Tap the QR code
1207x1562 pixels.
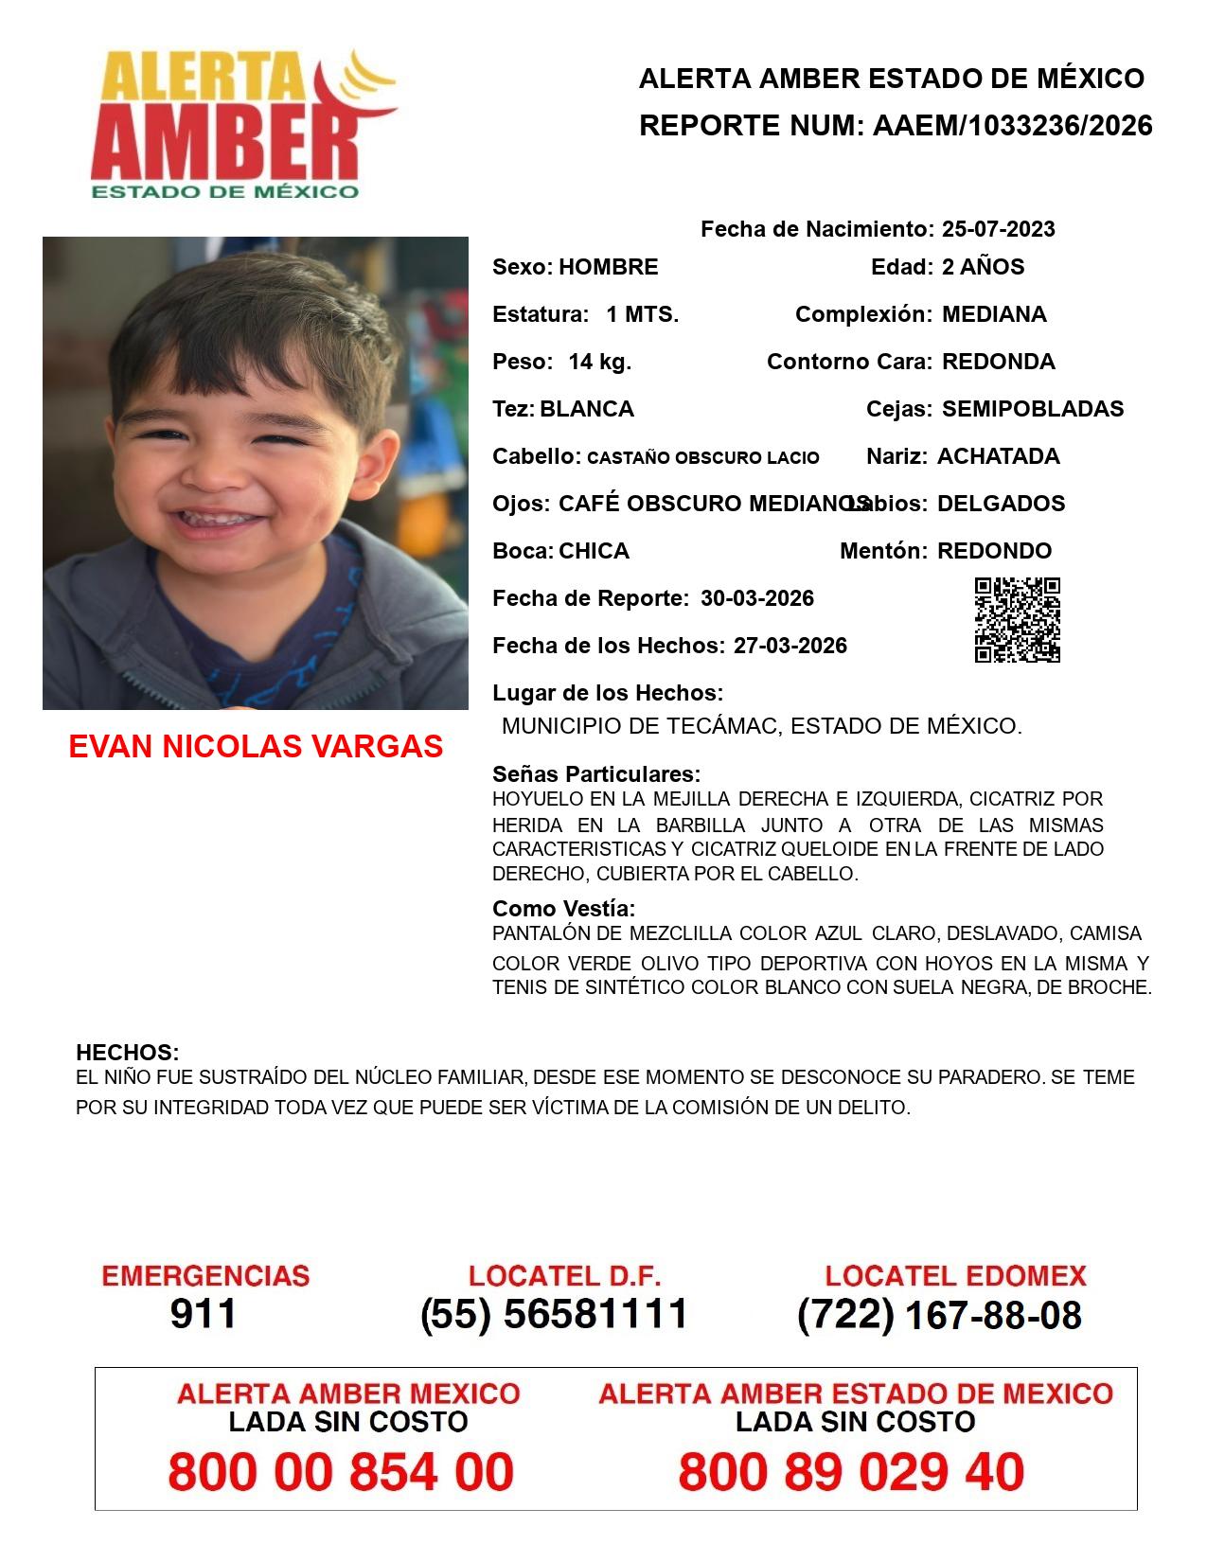[1017, 620]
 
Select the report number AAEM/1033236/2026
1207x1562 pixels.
[1012, 125]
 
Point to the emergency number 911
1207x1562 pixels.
[204, 1314]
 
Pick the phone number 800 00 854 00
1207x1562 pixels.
[341, 1472]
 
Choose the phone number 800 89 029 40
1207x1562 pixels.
[851, 1472]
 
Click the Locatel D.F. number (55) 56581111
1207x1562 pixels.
[555, 1314]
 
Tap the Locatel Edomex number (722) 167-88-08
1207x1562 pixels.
[939, 1315]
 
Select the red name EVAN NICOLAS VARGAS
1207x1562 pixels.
[256, 747]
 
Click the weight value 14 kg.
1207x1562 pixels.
[599, 362]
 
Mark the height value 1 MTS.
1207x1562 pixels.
[642, 314]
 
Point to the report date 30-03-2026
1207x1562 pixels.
[757, 598]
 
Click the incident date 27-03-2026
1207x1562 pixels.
[790, 646]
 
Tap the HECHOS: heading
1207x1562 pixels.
[127, 1053]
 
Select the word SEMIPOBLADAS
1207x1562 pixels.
[1033, 409]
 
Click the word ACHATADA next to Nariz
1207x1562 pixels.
[998, 456]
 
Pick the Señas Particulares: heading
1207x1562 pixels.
[596, 774]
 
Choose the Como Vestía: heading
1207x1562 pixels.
[563, 909]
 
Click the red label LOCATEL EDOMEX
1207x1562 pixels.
[955, 1276]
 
